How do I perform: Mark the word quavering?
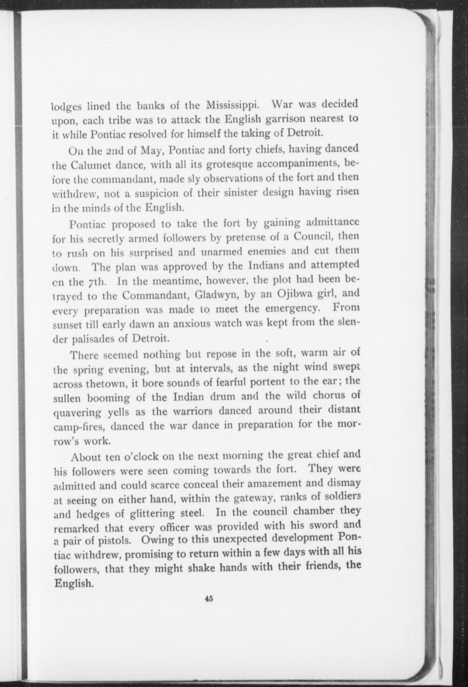[78, 412]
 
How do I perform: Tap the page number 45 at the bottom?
[209, 598]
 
